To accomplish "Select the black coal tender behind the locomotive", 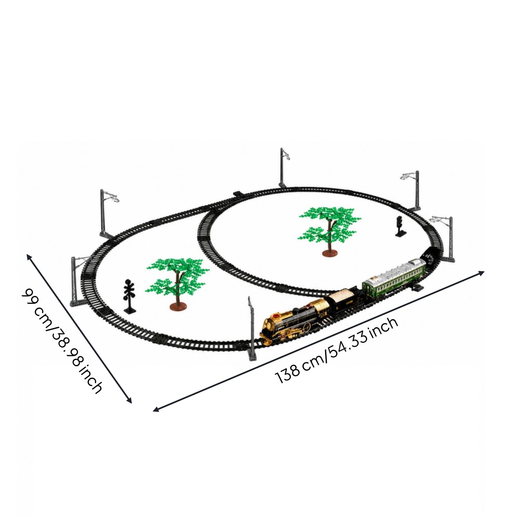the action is click(344, 301).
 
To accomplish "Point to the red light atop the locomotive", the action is click(277, 316).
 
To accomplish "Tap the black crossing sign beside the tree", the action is click(130, 296).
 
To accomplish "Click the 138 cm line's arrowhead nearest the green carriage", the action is click(481, 273).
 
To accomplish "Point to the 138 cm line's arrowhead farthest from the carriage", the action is click(156, 409).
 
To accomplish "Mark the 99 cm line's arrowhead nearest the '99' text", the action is click(29, 257).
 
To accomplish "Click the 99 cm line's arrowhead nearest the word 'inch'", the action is click(129, 401).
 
